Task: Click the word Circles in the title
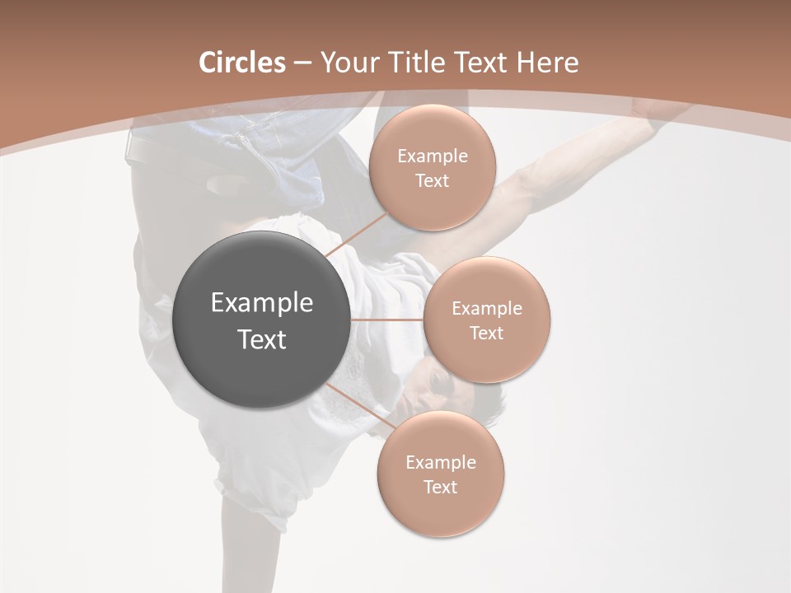click(241, 63)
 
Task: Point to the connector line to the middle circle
click(386, 319)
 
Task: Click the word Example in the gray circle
click(262, 303)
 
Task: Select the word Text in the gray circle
click(262, 339)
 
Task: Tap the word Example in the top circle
click(432, 156)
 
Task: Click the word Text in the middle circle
click(486, 333)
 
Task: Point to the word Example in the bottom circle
click(440, 463)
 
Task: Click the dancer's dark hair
click(486, 404)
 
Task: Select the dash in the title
click(302, 63)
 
